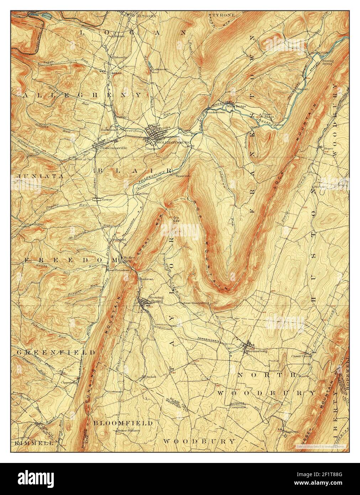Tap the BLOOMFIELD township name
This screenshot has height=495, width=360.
(x=123, y=423)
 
